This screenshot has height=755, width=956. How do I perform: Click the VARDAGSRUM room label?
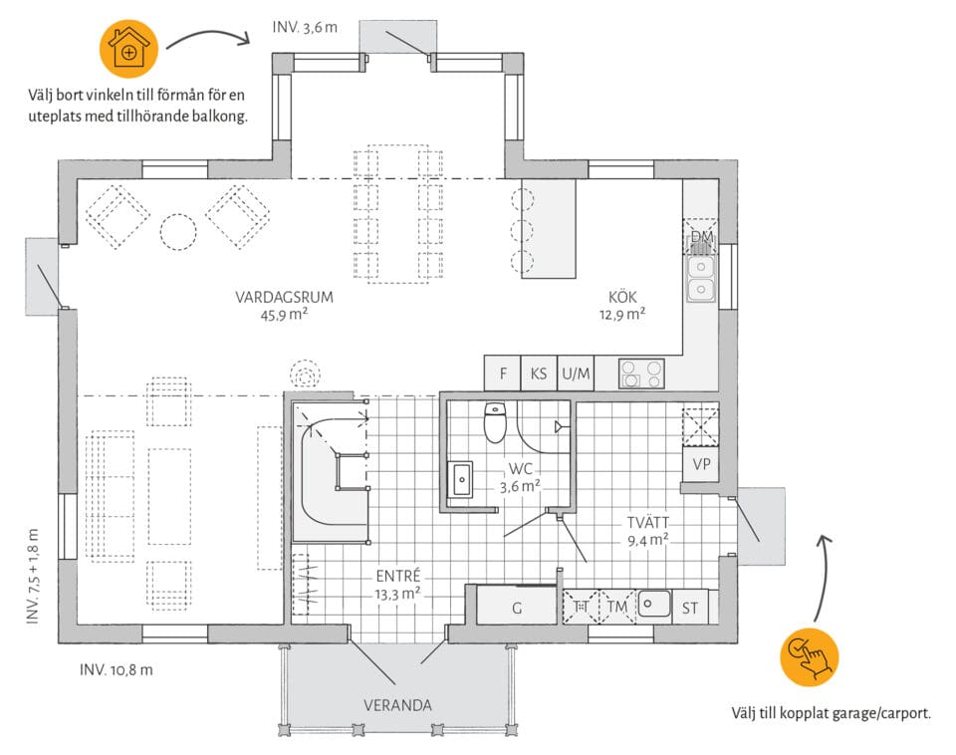coord(285,297)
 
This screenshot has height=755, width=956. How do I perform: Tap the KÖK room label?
coord(622,297)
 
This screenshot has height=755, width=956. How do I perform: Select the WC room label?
coord(520,469)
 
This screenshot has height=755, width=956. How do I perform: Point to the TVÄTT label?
coord(648,523)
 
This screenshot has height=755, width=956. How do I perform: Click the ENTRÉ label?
coord(398,576)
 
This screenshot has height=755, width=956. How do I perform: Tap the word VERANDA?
coord(397,705)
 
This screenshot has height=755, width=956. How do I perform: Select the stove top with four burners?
coord(641,374)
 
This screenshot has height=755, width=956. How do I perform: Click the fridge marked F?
coord(502,374)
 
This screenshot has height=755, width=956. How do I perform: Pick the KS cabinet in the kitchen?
coord(539,374)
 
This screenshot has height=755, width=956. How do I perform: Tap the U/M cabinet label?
coord(576,374)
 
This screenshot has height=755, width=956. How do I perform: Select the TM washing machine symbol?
coord(617,607)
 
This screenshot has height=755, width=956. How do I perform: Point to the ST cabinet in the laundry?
coord(690,607)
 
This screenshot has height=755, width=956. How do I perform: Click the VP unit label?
coord(701,464)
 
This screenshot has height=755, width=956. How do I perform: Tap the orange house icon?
coord(128,49)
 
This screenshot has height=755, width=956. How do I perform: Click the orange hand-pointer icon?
coord(810,657)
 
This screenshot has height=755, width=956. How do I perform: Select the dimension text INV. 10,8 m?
coord(117,669)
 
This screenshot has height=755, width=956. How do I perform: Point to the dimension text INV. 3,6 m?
coord(305,28)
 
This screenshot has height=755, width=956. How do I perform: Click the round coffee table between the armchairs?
coord(178,232)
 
